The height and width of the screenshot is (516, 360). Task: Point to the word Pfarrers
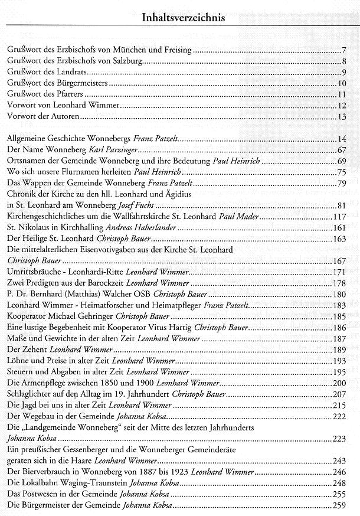pyautogui.click(x=74, y=94)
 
